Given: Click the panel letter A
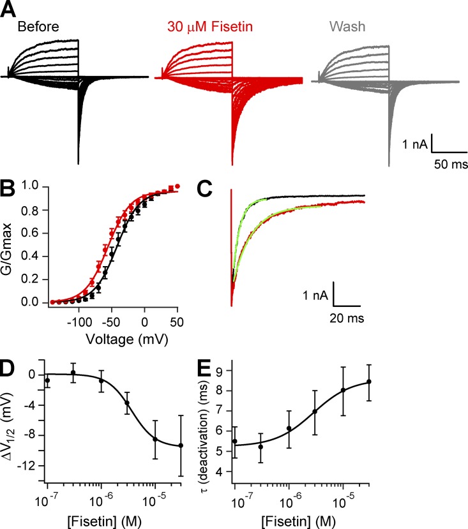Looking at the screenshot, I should coord(10,11).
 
